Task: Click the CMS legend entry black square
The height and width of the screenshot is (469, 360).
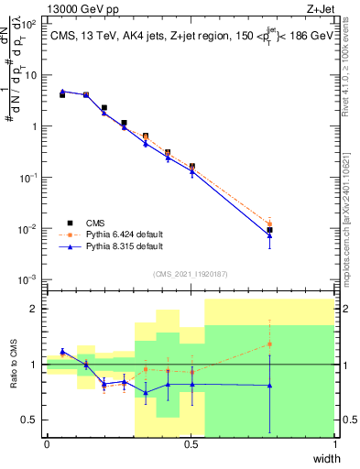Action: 71,222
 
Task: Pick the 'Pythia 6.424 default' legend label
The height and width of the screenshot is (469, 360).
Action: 125,234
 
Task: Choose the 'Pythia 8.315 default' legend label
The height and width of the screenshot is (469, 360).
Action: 125,246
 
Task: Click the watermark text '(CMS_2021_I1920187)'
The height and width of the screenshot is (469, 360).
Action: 191,274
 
